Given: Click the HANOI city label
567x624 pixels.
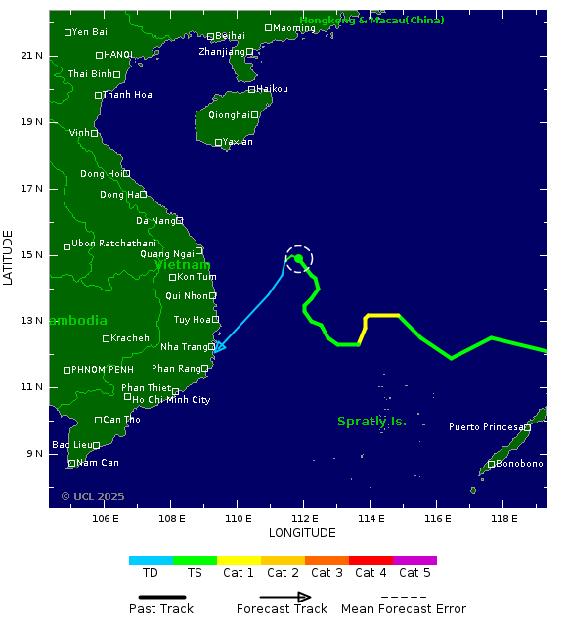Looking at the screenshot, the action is point(118,55).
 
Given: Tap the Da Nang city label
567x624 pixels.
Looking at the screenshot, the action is point(155,221).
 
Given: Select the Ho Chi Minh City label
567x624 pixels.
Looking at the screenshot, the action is point(171,400).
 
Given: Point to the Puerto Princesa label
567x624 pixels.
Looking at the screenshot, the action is point(485,427).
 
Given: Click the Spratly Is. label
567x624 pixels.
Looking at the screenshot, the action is point(371,422).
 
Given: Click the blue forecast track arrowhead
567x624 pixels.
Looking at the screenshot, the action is point(219,346).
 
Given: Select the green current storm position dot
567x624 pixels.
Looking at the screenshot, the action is point(298,258).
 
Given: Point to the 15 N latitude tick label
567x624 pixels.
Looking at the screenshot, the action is point(32,255).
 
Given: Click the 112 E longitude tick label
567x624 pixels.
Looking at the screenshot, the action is point(304,518).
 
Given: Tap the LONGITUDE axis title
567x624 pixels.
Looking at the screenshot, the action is point(302,533).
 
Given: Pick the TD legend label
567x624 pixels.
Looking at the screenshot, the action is point(151,573).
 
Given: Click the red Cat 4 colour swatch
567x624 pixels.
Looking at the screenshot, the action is point(371,560).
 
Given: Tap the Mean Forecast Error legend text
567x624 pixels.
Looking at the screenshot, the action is point(404,609).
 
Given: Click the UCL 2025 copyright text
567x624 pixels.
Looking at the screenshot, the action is point(93,496).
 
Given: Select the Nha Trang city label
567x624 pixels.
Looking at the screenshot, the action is point(184,347).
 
